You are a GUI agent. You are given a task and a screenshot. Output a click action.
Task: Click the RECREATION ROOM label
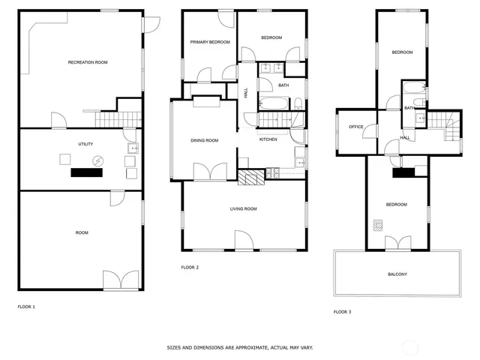(88, 62)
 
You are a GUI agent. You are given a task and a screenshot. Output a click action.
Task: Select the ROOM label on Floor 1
(82, 232)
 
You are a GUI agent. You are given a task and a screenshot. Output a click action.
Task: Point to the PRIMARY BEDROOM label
(209, 42)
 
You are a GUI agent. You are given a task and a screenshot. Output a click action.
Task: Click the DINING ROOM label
(204, 140)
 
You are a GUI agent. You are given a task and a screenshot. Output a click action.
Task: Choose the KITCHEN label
(268, 139)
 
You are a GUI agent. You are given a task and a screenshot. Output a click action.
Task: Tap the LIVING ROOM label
(244, 208)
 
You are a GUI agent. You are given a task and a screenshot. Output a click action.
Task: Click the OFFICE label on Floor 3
(356, 127)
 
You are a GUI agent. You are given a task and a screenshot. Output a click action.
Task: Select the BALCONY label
(397, 274)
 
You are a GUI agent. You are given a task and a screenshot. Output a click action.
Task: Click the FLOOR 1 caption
(26, 307)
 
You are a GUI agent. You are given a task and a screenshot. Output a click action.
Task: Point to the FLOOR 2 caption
(190, 267)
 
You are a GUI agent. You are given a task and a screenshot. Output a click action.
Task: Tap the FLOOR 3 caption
(342, 311)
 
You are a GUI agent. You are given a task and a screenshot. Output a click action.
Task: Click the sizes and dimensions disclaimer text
(240, 348)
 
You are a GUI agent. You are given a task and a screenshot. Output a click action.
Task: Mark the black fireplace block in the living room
(252, 177)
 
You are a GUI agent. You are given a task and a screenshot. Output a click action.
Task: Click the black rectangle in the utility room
(86, 172)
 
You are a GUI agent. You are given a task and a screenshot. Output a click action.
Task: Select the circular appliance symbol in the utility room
(97, 160)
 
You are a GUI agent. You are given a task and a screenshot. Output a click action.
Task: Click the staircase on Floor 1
(109, 120)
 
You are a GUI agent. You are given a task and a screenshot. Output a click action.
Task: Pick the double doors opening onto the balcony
(397, 244)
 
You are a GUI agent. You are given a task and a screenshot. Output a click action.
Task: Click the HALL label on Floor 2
(247, 93)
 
